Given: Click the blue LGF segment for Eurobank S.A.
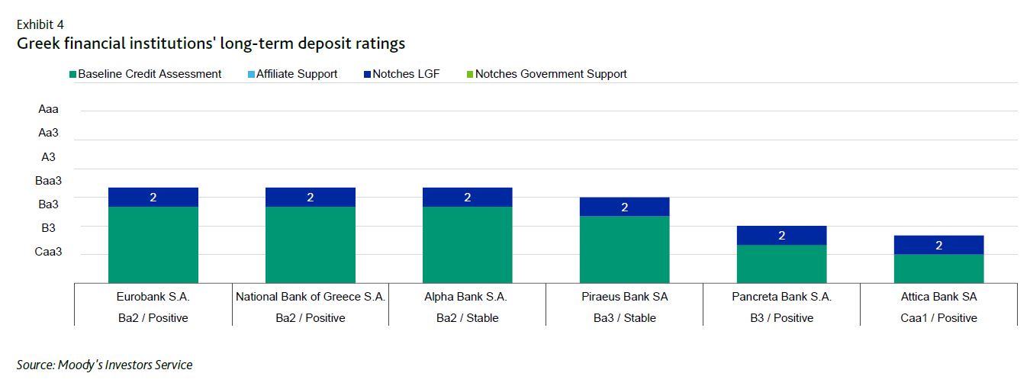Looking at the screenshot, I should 153,197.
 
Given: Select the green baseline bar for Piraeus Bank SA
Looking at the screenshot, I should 624,249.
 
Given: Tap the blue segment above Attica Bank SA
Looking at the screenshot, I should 938,245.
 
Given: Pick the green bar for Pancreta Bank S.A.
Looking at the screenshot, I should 781,263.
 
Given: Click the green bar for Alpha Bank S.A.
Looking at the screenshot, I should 467,244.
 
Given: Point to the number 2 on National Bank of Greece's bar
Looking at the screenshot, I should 311,198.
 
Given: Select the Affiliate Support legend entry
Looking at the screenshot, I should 297,74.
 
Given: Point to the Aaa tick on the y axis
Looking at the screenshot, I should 48,109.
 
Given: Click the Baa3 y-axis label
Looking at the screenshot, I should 48,181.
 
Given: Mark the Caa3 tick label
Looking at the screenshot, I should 48,252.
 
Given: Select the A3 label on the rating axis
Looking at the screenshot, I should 48,157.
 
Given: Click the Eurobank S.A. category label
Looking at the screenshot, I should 153,297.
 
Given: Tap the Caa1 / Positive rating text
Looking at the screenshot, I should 938,317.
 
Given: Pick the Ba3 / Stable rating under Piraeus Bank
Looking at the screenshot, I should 624,317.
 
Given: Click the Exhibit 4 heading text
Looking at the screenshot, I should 40,24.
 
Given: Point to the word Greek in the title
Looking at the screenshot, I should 37,43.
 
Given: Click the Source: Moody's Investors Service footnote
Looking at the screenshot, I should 105,365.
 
